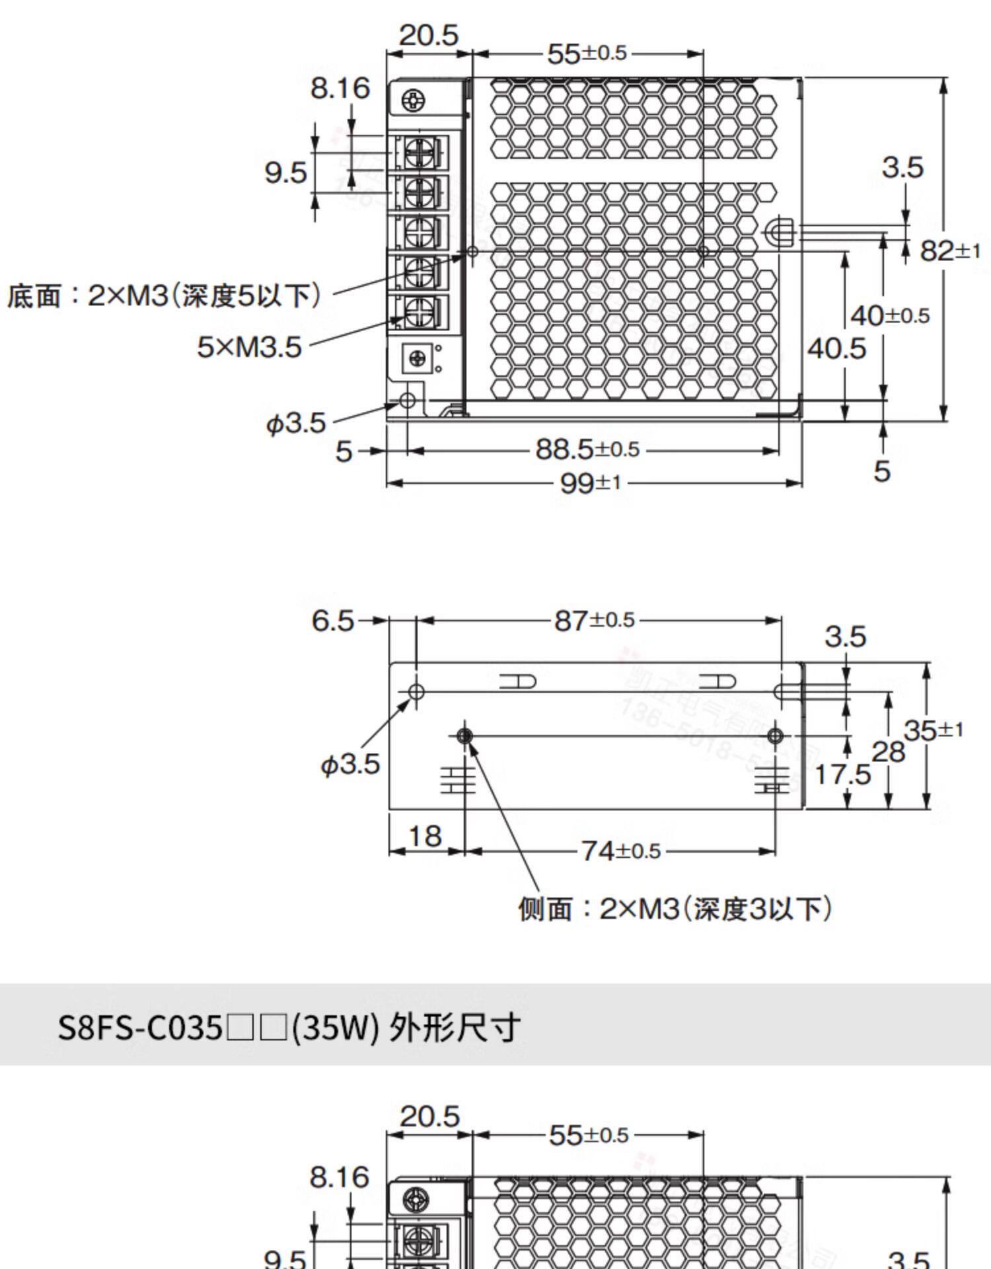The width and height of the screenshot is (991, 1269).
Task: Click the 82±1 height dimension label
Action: pos(950,251)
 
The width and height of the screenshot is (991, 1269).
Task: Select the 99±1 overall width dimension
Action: pos(591,483)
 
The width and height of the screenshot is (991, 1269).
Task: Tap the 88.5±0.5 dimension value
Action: pos(587,449)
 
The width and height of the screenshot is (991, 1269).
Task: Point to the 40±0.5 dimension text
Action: pos(890,316)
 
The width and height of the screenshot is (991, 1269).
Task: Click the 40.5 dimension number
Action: pos(836,348)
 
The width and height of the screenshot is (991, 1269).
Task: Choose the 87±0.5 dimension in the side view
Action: pos(595,621)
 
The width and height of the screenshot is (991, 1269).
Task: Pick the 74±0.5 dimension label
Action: pos(621,851)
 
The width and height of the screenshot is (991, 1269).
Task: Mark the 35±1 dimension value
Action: pos(934,730)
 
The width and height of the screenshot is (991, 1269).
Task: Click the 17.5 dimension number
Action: pos(842,774)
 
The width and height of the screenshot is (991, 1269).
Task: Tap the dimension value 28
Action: pos(889,752)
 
